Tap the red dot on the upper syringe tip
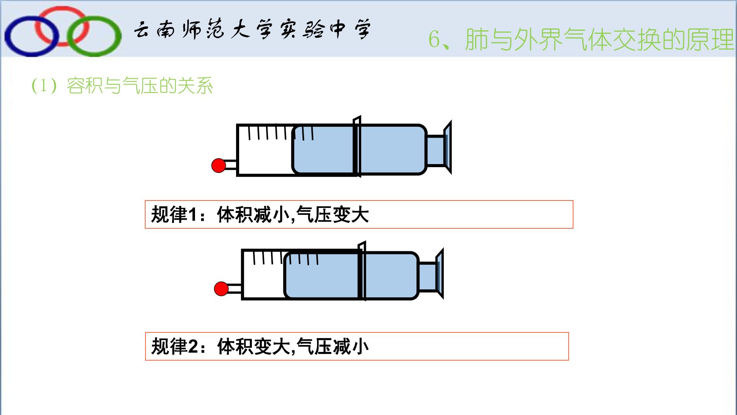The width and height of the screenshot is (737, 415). tap(219, 166)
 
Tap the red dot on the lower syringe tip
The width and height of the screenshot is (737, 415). tap(221, 289)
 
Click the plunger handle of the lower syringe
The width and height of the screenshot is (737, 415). tap(440, 274)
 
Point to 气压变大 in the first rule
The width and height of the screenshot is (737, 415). tap(333, 214)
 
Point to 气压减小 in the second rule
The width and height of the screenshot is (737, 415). tap(333, 346)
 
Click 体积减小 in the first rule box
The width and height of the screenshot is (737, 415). tap(253, 214)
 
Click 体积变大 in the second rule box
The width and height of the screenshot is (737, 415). tap(253, 346)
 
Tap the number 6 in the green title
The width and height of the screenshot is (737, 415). tap(434, 40)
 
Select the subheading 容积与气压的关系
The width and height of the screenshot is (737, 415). tap(140, 85)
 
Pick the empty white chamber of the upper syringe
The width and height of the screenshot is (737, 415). tap(265, 158)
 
